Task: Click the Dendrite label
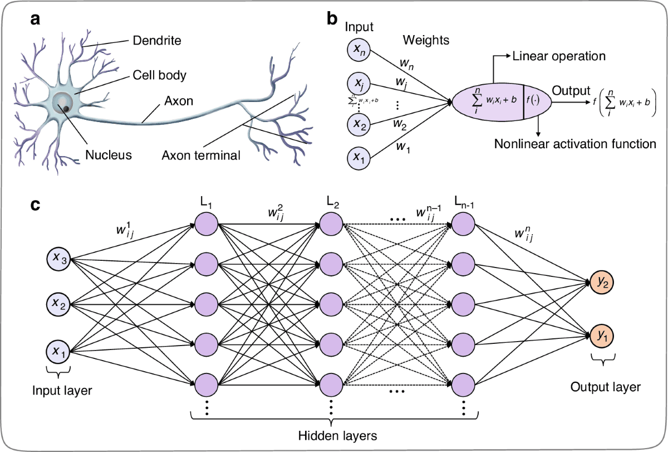[x=158, y=40]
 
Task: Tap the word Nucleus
[x=109, y=154]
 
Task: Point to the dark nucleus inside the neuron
[x=66, y=109]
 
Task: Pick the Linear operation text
[x=558, y=56]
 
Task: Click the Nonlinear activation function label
[x=575, y=144]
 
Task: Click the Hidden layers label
[x=331, y=433]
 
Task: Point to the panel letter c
[x=35, y=205]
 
